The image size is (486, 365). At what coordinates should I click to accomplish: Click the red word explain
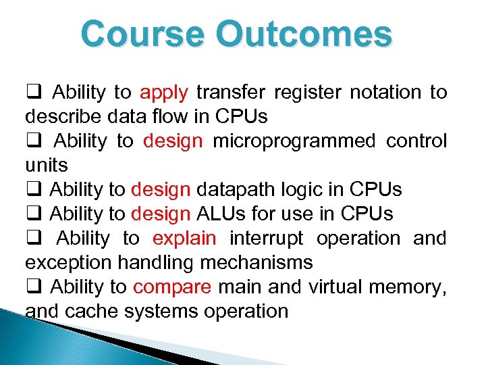(x=184, y=239)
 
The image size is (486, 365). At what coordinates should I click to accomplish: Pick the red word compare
(x=172, y=287)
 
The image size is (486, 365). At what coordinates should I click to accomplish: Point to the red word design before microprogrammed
(x=173, y=141)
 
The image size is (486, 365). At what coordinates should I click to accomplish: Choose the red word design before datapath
(x=161, y=190)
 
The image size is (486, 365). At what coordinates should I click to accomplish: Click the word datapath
(x=233, y=190)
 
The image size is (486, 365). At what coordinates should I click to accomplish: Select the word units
(x=47, y=166)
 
